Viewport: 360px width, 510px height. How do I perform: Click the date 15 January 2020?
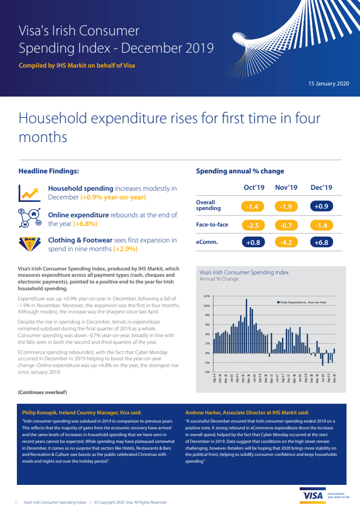click(x=328, y=84)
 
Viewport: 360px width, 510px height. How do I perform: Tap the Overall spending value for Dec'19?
click(x=321, y=207)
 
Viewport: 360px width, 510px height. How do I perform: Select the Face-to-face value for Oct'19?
click(x=253, y=225)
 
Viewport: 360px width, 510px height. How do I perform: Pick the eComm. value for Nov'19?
click(x=286, y=242)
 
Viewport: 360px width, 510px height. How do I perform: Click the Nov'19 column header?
click(x=286, y=187)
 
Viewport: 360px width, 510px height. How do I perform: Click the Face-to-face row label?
click(x=212, y=225)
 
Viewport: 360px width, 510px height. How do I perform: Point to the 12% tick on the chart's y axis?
click(x=207, y=296)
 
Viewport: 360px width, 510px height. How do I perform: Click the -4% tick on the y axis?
click(x=207, y=372)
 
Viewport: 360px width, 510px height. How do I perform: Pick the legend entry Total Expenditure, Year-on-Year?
click(x=303, y=302)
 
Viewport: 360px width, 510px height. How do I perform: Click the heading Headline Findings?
click(x=48, y=171)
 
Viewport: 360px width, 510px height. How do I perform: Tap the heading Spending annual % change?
click(x=240, y=171)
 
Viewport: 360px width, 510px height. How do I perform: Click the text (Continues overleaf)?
click(x=42, y=392)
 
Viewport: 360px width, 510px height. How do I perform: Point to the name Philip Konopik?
click(x=43, y=412)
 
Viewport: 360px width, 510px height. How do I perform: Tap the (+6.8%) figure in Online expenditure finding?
click(x=85, y=224)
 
